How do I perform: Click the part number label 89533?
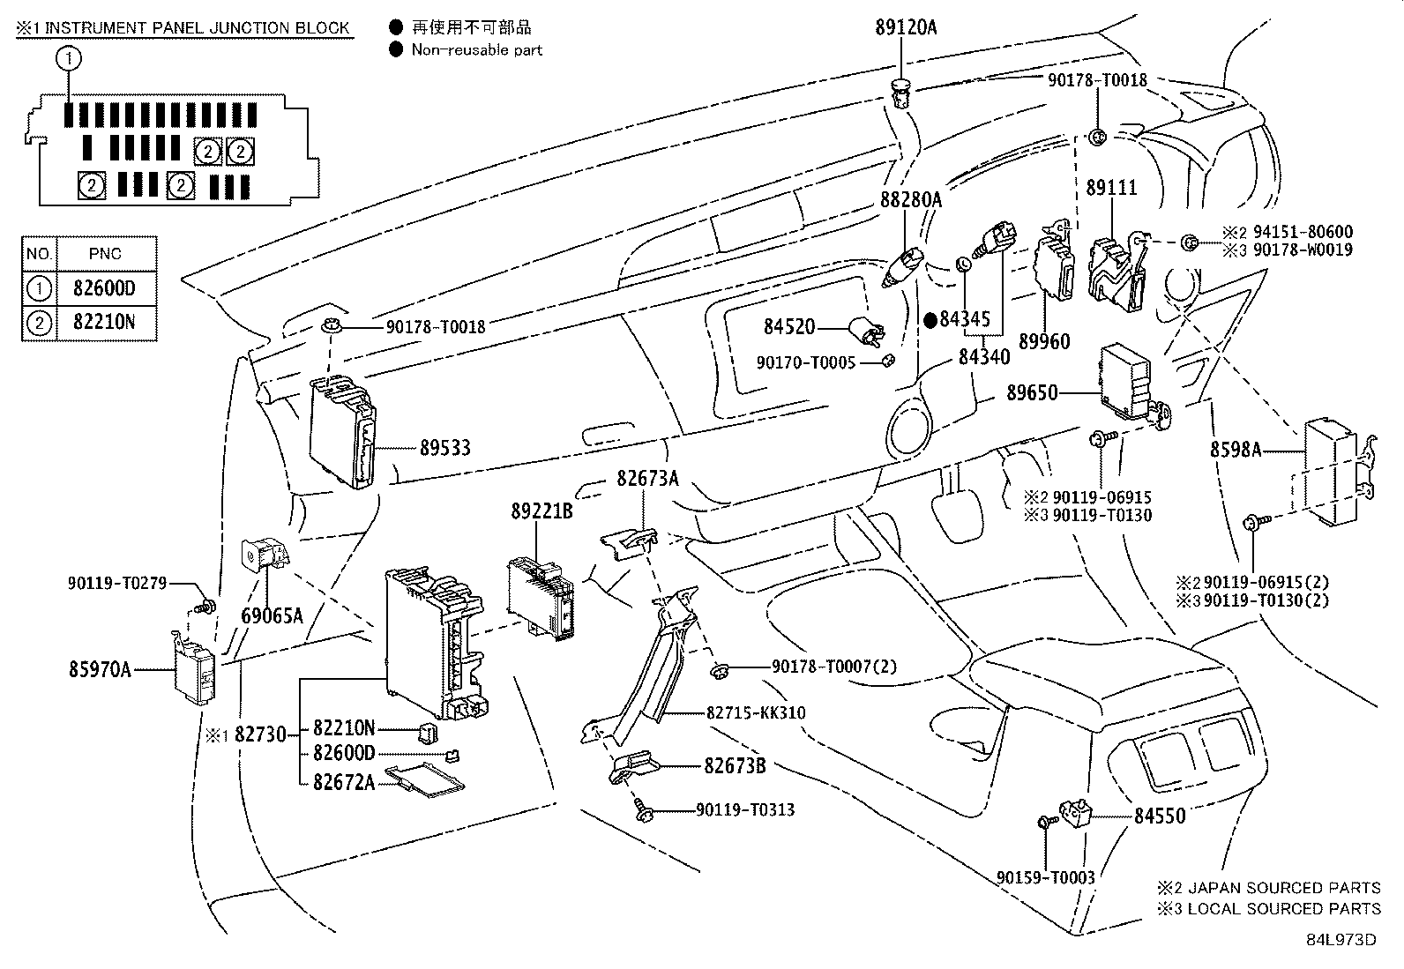(444, 448)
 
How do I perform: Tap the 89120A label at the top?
(906, 27)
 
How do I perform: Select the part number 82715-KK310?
(756, 712)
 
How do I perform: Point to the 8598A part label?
(1235, 451)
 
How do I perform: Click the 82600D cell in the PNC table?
(105, 288)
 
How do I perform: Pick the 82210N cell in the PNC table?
(105, 323)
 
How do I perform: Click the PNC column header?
(105, 254)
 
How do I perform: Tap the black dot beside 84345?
(930, 319)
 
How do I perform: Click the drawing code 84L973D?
(1341, 939)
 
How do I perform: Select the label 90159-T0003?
(1046, 878)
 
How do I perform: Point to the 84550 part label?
(1160, 816)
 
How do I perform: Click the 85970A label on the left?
(100, 670)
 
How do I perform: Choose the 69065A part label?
(272, 615)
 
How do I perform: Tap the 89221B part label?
(541, 511)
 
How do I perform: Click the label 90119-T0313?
(745, 809)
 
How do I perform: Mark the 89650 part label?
(1032, 393)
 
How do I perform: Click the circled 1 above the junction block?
(69, 59)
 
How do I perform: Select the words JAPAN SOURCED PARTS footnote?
(1283, 888)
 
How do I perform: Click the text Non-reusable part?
(477, 50)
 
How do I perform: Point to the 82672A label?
(343, 781)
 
